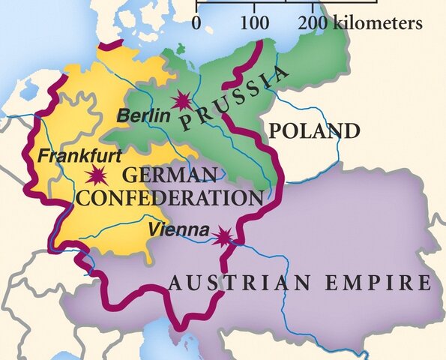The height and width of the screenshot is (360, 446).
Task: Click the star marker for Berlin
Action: coord(181,100)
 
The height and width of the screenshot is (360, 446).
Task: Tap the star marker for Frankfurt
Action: coord(95,177)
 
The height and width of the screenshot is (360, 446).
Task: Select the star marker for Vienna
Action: coord(223,237)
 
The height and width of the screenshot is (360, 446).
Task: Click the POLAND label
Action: coord(314,131)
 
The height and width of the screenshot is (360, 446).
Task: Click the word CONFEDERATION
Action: coord(170,198)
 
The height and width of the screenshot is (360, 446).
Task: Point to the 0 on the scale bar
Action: coord(196,23)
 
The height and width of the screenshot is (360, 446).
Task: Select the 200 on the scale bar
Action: coord(313,23)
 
